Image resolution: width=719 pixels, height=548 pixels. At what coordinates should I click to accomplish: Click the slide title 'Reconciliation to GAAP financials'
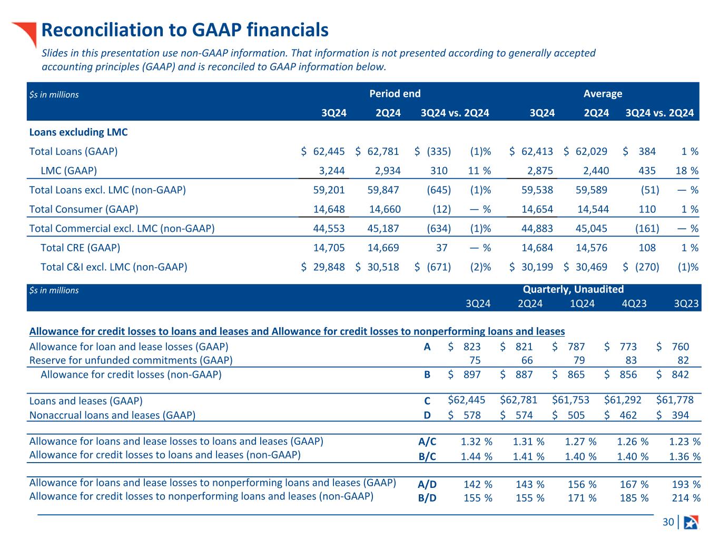click(185, 30)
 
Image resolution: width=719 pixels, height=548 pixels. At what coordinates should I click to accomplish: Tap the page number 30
click(668, 522)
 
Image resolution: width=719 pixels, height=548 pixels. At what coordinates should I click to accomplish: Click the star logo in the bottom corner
click(691, 522)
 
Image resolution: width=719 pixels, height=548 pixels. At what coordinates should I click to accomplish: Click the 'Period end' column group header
click(395, 94)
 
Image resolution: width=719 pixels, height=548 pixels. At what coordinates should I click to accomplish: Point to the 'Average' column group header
click(603, 94)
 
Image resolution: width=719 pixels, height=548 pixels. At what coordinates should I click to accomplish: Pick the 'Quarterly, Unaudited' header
click(573, 289)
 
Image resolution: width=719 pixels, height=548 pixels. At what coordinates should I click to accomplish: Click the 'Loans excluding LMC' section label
click(78, 132)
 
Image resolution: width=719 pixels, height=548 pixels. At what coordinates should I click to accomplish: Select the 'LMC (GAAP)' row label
click(68, 171)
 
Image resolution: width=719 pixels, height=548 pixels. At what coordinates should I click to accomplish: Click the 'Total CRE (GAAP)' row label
click(80, 248)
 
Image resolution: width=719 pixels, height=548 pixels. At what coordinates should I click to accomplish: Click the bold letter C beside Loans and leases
click(428, 401)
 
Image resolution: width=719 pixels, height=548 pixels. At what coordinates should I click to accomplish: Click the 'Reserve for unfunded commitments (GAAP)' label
click(131, 360)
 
